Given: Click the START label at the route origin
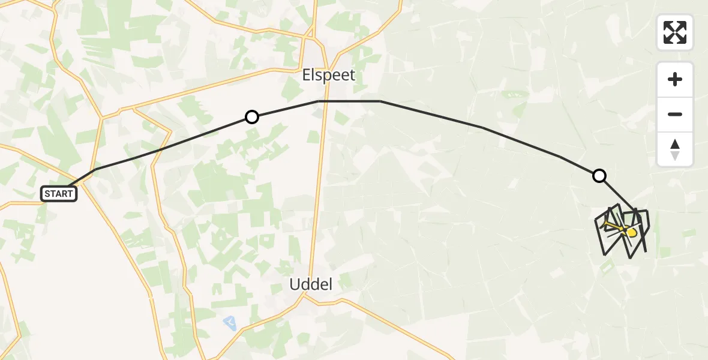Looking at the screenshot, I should [59, 194].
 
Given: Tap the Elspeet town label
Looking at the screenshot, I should [328, 76].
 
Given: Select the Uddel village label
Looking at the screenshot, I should [311, 284].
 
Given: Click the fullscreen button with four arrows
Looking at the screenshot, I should [675, 32].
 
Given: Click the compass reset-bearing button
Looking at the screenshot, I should [675, 149].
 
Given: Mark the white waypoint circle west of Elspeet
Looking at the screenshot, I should [252, 117].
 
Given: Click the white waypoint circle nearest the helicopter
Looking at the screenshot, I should [599, 176].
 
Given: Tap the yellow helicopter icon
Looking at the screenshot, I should [630, 232].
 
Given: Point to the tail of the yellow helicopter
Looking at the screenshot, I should [609, 225].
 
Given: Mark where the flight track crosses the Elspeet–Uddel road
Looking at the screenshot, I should [326, 101].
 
